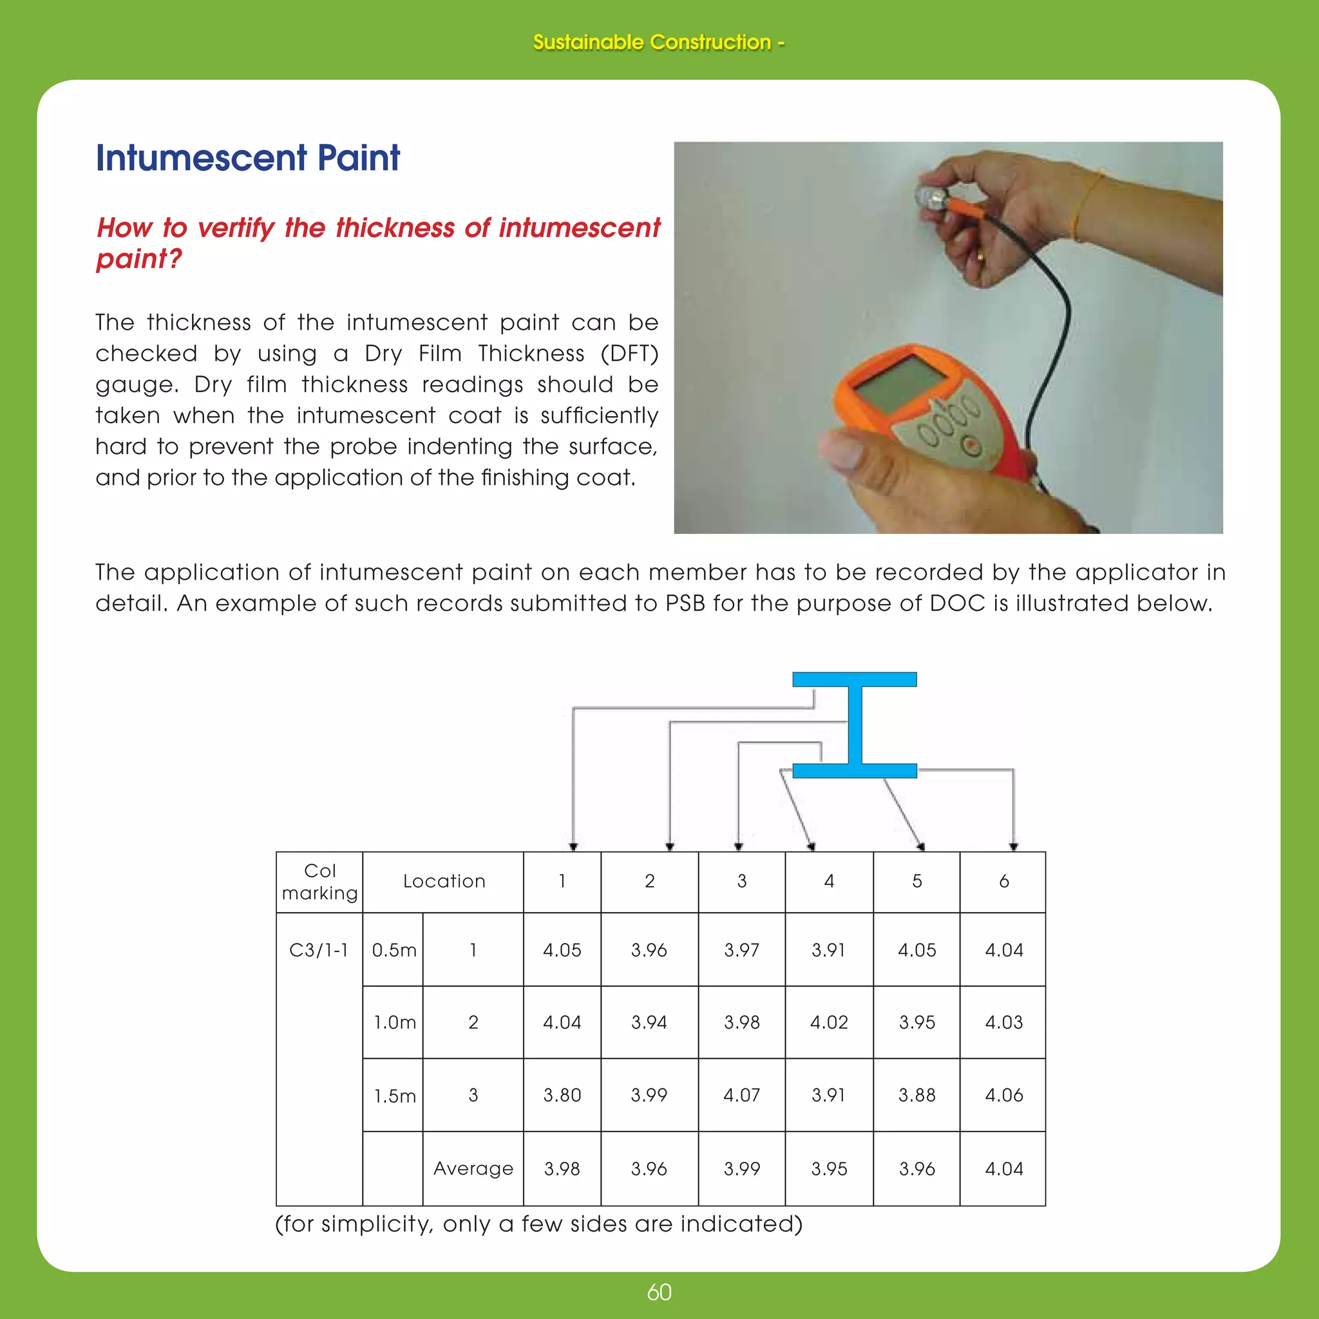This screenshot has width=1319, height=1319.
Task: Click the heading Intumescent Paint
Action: pos(247,158)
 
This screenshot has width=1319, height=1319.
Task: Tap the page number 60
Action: pos(659,1293)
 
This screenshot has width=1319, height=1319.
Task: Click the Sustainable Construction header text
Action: pos(658,43)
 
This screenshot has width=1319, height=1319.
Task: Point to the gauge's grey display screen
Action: pos(899,384)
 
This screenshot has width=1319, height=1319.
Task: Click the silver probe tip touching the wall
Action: pos(930,198)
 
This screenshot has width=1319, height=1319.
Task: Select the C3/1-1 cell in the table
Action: pos(319,950)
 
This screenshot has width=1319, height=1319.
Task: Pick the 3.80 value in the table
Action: pos(562,1095)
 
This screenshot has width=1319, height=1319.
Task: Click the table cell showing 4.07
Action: pos(741,1095)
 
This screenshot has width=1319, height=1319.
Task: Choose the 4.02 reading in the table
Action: pos(829,1022)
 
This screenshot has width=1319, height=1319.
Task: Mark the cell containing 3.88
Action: pos(917,1095)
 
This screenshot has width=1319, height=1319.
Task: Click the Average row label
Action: pos(473,1168)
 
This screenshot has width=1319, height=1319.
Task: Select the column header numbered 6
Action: pos(1003,882)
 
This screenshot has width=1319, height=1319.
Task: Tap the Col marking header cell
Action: pos(319,882)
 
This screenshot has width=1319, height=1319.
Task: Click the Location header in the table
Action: pos(444,882)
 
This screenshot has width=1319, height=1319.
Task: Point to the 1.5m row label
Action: pos(394,1096)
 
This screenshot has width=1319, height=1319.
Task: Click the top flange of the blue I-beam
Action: pos(854,679)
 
